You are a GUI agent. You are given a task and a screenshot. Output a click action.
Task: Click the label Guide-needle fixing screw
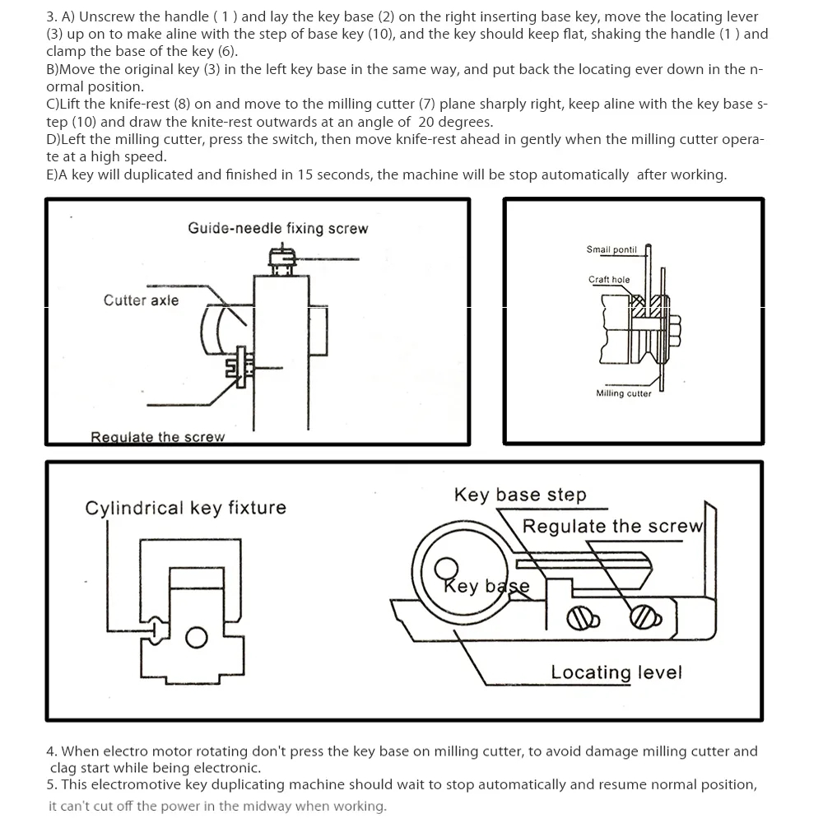pos(277,228)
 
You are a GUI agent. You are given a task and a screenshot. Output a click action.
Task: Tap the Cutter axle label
pos(141,300)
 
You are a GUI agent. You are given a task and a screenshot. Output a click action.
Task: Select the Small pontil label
pos(611,249)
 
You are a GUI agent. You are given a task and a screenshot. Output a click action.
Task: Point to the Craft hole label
pos(609,280)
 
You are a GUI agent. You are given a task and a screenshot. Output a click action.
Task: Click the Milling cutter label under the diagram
pos(623,393)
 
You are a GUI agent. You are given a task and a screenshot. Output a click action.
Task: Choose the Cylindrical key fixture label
pos(185,508)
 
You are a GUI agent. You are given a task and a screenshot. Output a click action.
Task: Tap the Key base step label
pos(520,495)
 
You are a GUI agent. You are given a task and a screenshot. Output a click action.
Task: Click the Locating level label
pos(616,672)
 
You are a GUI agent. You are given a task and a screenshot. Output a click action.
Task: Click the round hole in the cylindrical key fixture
pos(195,637)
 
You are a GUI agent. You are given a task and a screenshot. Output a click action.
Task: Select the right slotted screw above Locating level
pos(641,616)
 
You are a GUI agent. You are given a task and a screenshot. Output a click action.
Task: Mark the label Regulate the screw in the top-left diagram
pos(157,437)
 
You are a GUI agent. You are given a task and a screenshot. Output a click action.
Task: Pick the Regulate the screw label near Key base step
pos(612,527)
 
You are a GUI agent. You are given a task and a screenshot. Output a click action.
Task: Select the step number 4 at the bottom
pos(50,751)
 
